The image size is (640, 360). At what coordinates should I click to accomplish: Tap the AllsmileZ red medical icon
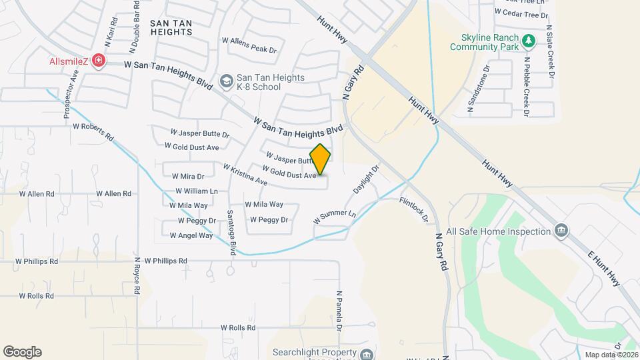[99, 61]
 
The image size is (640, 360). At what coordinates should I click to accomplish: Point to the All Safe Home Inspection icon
[561, 231]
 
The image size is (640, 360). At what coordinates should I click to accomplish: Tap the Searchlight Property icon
[366, 353]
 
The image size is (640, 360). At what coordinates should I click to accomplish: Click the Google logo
[22, 352]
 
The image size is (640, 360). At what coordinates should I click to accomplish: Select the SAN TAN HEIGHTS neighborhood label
[171, 27]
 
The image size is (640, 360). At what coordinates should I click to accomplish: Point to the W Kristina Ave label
[245, 175]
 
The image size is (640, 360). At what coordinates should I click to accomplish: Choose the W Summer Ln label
[335, 217]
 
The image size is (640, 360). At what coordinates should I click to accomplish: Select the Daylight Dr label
[365, 180]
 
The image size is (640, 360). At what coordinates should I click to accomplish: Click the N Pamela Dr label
[339, 311]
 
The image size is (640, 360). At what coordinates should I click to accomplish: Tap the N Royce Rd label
[137, 276]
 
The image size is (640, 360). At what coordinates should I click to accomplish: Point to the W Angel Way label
[191, 235]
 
